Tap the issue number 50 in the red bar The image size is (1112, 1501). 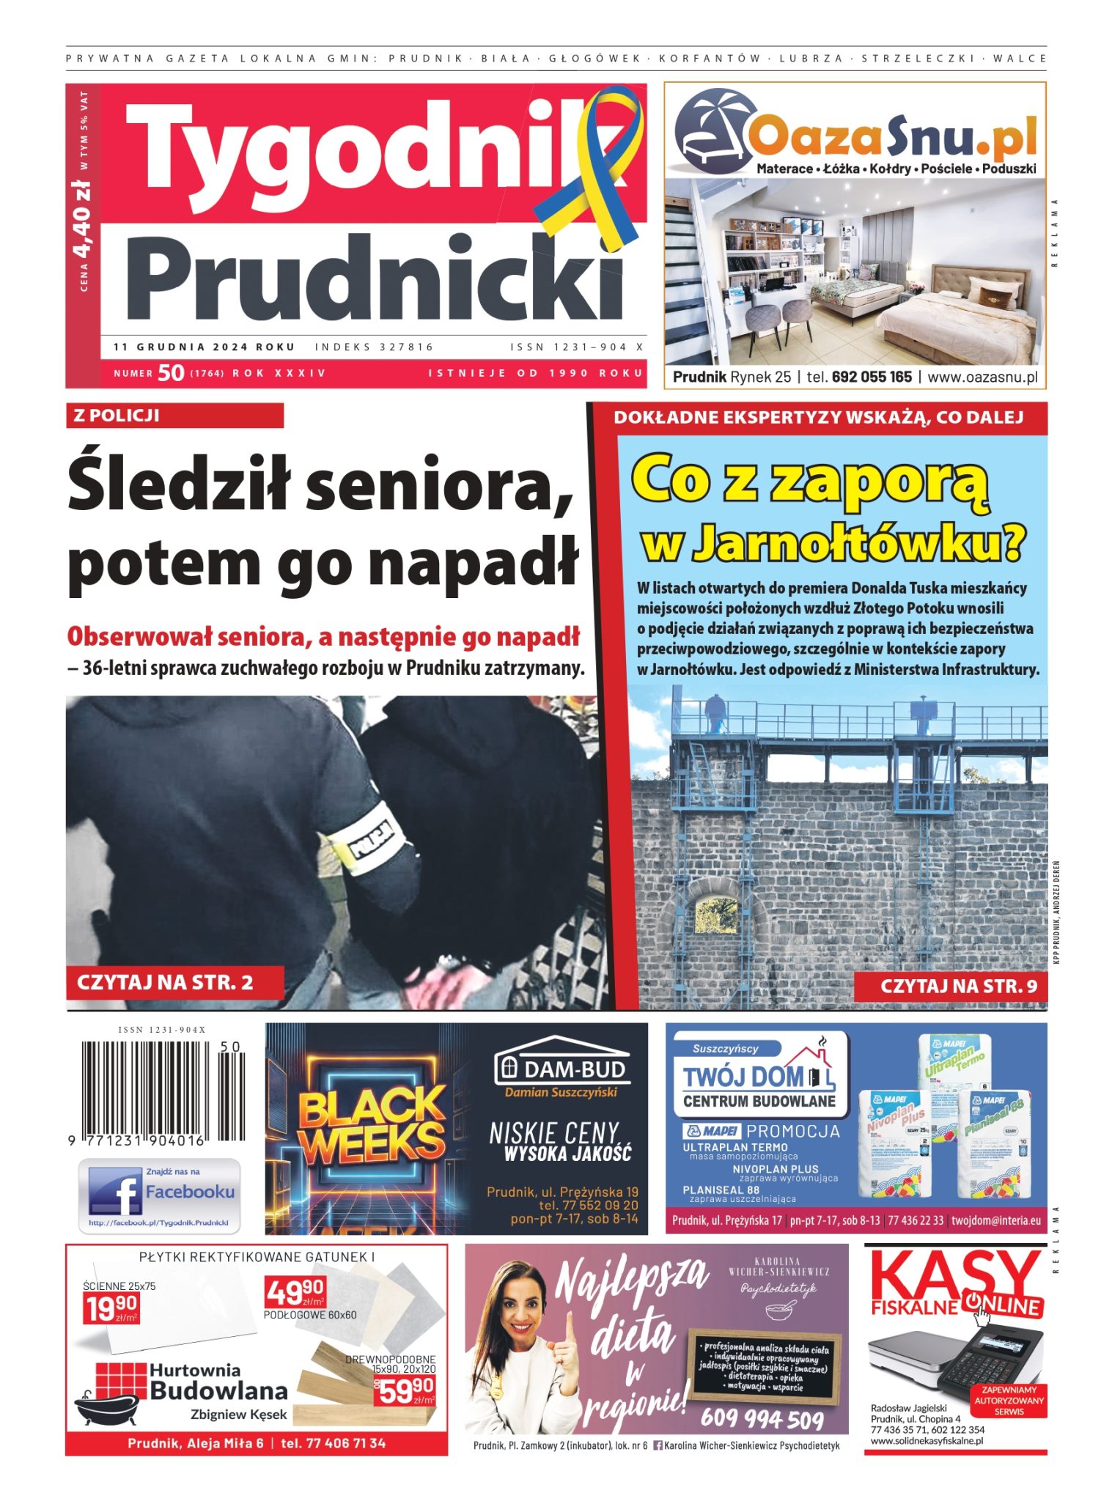170,373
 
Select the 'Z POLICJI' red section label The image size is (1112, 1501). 174,416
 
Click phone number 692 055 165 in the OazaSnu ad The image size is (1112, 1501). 872,377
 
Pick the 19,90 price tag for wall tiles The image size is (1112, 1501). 111,1308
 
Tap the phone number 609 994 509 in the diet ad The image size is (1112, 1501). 762,1419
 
